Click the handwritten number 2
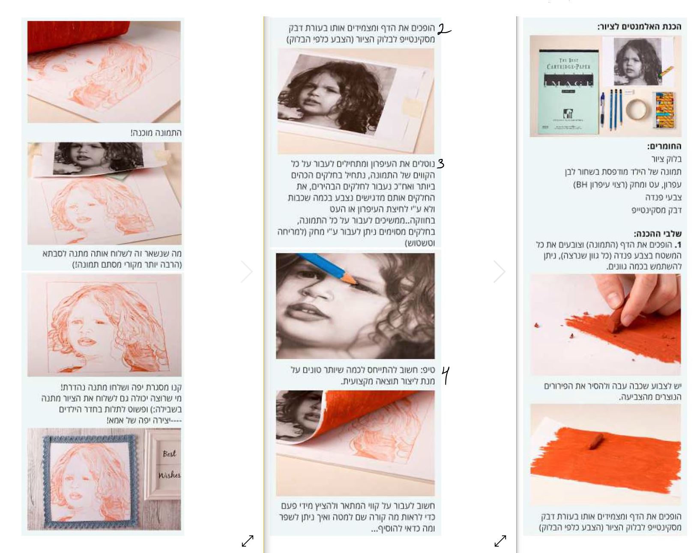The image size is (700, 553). point(444,29)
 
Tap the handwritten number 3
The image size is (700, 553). point(440,163)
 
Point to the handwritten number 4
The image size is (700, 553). point(446,375)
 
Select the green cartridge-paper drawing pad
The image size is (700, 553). point(568,92)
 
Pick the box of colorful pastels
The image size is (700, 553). point(664,110)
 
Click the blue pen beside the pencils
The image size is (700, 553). point(602,109)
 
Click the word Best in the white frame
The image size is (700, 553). point(169,454)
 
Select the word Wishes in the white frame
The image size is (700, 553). point(169,475)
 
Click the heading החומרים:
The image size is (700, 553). point(664,146)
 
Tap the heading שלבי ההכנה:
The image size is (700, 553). point(658,233)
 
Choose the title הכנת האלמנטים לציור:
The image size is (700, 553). point(639,27)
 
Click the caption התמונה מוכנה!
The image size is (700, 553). point(156,133)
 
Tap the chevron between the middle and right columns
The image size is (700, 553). point(500,271)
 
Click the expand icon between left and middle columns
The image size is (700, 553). point(248,541)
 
